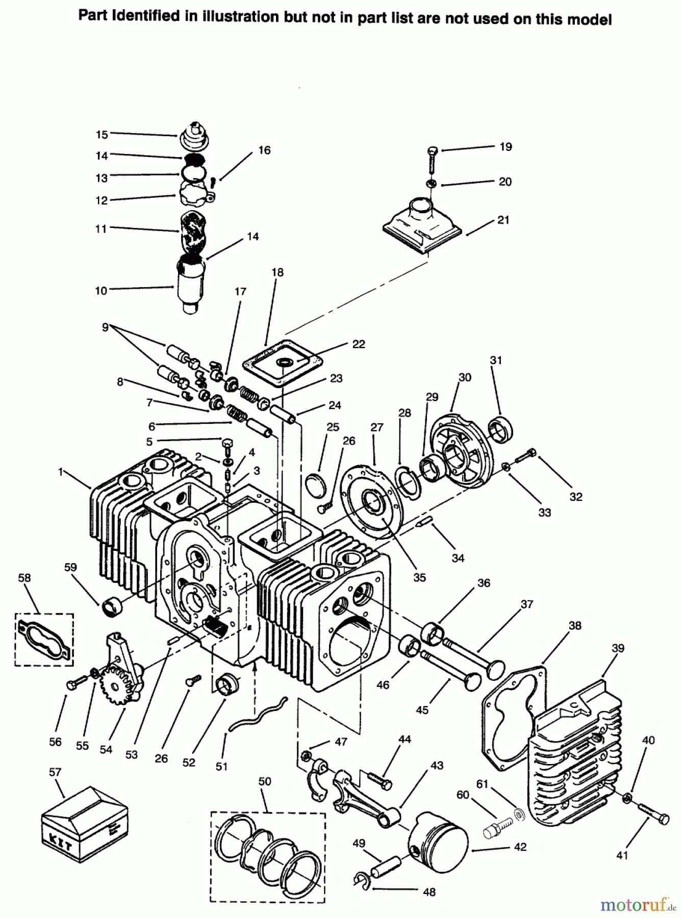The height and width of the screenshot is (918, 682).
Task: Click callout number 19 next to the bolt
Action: pos(505,147)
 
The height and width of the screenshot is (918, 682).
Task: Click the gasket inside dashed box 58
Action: pos(44,640)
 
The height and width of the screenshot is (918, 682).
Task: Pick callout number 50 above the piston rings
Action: pos(265,781)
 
